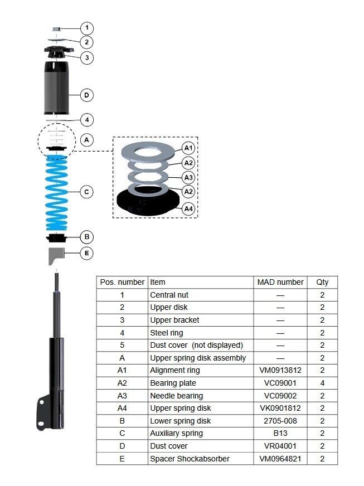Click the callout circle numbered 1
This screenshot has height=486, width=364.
pos(87,28)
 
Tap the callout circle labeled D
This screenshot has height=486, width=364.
pos(87,95)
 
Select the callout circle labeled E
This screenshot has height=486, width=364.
pos(87,253)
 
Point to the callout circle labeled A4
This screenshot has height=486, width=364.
pos(188,208)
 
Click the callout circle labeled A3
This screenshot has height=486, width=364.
pos(188,177)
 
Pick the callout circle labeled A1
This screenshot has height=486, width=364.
pos(188,148)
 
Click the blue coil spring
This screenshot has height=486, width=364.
pos(56,193)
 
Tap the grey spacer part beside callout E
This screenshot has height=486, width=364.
pos(55,255)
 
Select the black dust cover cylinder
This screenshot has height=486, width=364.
pos(56,88)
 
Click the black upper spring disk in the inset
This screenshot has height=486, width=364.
pos(148,201)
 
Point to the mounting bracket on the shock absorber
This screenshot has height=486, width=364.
pos(43,413)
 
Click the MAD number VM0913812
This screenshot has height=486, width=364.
pos(280,371)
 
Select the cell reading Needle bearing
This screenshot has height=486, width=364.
pos(176,396)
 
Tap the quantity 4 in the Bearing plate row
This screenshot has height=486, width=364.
pos(322,383)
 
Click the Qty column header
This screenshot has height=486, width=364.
pos(322,283)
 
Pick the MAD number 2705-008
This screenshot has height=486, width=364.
pos(280,421)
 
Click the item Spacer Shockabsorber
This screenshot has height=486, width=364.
pos(190,459)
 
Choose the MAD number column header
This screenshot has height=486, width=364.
pos(280,283)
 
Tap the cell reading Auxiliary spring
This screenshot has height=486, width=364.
pos(176,433)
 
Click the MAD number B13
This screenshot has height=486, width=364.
pos(280,433)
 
